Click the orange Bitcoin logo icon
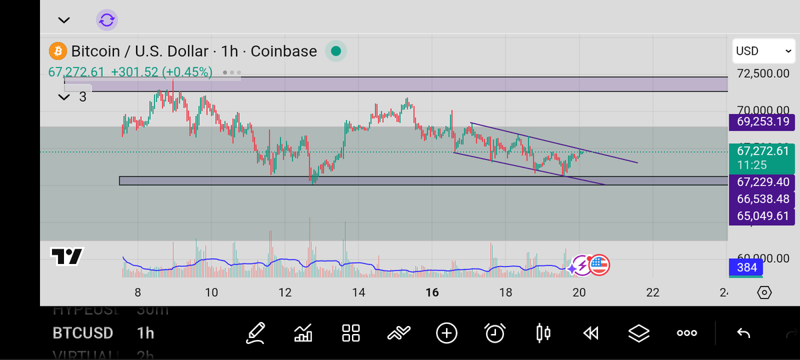(x=58, y=51)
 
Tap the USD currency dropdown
(x=763, y=51)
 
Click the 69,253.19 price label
(x=763, y=121)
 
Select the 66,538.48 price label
(x=763, y=199)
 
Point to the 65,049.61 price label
(x=763, y=216)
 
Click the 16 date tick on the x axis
(x=432, y=292)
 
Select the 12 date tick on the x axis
(x=285, y=292)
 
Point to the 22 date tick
(x=653, y=292)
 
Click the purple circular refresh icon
(x=107, y=20)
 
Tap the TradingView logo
(x=67, y=256)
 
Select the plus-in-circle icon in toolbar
(x=447, y=333)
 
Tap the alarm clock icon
(x=495, y=333)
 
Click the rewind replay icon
(x=591, y=333)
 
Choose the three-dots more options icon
(x=687, y=333)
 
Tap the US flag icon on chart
(x=599, y=265)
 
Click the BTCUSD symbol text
(x=83, y=333)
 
